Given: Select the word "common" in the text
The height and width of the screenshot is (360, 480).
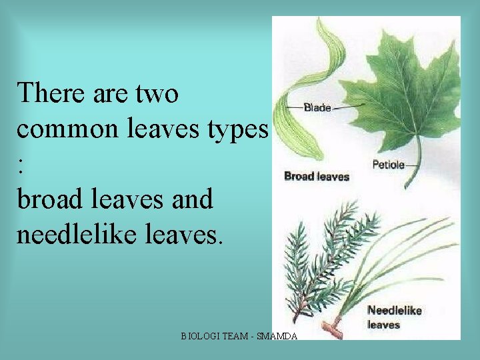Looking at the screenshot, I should pyautogui.click(x=63, y=130).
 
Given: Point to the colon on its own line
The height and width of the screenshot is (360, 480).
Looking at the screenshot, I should pyautogui.click(x=21, y=167).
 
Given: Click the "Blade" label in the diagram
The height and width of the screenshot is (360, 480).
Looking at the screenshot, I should pyautogui.click(x=317, y=107).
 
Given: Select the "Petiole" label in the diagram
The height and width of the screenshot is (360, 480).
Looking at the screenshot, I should pyautogui.click(x=388, y=164).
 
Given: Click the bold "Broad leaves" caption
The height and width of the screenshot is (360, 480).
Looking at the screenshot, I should pyautogui.click(x=317, y=177).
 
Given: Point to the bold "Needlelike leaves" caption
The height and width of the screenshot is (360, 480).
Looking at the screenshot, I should pyautogui.click(x=394, y=317).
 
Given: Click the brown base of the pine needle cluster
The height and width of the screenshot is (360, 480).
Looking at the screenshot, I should pyautogui.click(x=331, y=327).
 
